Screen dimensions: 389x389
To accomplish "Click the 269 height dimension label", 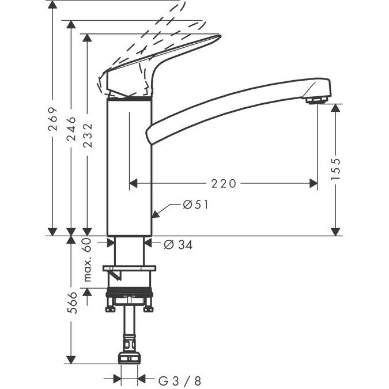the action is [x=53, y=119].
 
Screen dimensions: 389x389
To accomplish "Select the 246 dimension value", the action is [x=71, y=129].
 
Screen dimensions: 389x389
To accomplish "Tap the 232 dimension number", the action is [x=88, y=135].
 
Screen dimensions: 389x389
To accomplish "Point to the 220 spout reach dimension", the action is [x=223, y=184].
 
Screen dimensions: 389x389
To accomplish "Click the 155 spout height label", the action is [x=335, y=169].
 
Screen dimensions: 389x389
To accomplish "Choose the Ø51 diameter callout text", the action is [x=195, y=205].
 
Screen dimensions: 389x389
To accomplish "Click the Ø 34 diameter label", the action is [x=178, y=245].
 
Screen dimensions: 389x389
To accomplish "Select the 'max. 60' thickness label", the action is [x=88, y=260].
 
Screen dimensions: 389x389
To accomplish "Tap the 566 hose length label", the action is [x=72, y=303].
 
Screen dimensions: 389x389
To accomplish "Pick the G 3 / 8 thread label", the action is [x=180, y=381].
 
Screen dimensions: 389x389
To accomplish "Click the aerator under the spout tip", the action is [x=317, y=100].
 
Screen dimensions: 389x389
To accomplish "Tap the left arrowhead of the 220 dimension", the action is [x=133, y=184].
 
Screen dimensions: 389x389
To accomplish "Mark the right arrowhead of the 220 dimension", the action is [x=314, y=184].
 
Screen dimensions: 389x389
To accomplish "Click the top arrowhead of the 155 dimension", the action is [x=335, y=108].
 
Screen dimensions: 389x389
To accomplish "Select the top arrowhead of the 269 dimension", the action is [x=52, y=5].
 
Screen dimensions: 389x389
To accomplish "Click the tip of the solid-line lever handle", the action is [x=220, y=36].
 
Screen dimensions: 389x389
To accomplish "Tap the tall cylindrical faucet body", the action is [x=129, y=166].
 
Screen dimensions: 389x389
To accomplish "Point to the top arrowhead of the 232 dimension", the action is [x=87, y=37].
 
